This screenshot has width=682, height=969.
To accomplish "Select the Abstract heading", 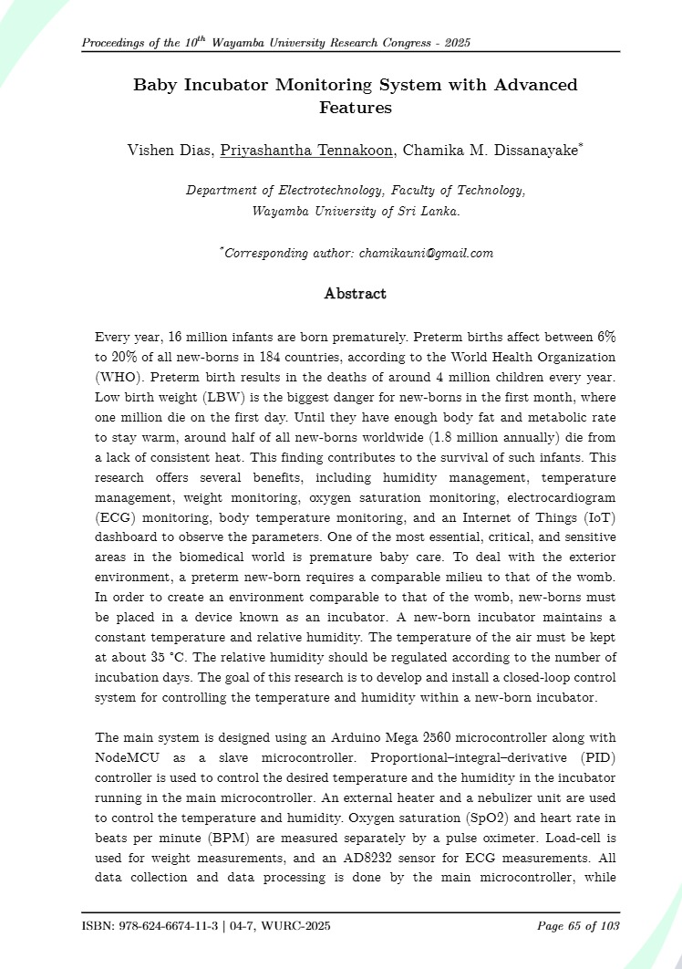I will pos(356,294).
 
